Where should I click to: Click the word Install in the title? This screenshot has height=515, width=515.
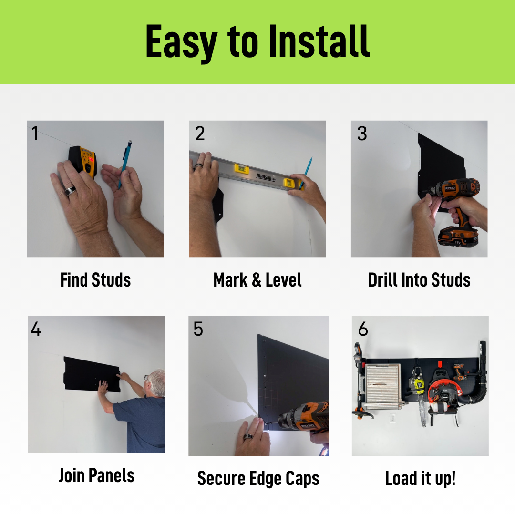click(319, 41)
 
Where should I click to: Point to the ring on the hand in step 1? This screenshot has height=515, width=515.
click(70, 191)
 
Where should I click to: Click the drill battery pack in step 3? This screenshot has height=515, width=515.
click(458, 236)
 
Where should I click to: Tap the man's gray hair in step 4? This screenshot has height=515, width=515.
click(157, 381)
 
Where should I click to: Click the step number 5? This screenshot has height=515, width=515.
click(198, 329)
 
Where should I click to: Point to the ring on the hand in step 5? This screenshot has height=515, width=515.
click(248, 436)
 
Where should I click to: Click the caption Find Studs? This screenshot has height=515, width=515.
click(95, 280)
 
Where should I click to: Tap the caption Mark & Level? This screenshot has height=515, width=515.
click(257, 280)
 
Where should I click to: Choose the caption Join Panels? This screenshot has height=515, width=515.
click(96, 475)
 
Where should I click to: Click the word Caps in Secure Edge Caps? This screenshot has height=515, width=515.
click(302, 479)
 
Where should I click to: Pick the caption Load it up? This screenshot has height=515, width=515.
click(420, 478)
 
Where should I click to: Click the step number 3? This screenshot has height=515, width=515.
click(362, 134)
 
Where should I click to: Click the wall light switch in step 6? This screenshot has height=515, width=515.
click(393, 417)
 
